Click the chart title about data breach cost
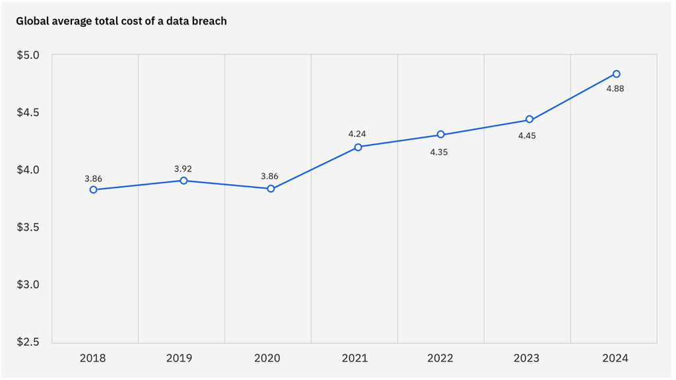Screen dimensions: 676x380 [x=121, y=21]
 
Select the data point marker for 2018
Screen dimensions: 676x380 [x=94, y=189]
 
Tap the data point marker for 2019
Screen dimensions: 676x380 [x=184, y=181]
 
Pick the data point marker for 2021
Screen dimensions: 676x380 [x=358, y=147]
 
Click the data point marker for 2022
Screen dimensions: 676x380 [x=440, y=135]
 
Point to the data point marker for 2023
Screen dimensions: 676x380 [x=529, y=119]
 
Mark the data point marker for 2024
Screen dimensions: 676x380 [x=617, y=74]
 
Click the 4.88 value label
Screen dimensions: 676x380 [x=615, y=89]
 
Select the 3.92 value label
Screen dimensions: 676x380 [x=183, y=169]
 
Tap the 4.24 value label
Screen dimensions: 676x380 [x=357, y=134]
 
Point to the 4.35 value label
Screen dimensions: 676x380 [x=439, y=152]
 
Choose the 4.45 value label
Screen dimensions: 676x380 [x=527, y=136]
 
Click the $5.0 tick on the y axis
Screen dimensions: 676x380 [x=28, y=55]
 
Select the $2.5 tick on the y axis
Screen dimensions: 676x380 [x=28, y=342]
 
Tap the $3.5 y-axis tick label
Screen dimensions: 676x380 [x=28, y=227]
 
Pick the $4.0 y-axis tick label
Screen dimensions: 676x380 [x=28, y=170]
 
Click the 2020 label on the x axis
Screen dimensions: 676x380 [x=267, y=358]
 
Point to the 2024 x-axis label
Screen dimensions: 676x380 [x=615, y=358]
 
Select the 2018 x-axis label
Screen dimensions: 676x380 [x=92, y=358]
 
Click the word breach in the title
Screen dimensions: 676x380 [x=209, y=21]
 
